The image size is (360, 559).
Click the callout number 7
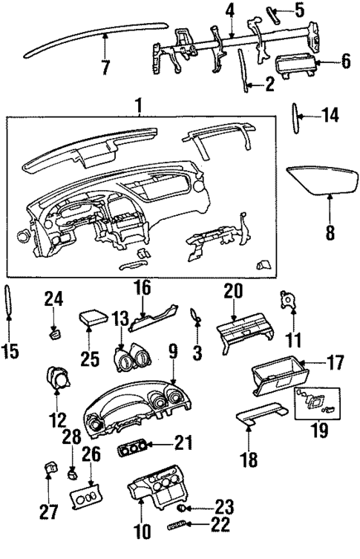105,68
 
